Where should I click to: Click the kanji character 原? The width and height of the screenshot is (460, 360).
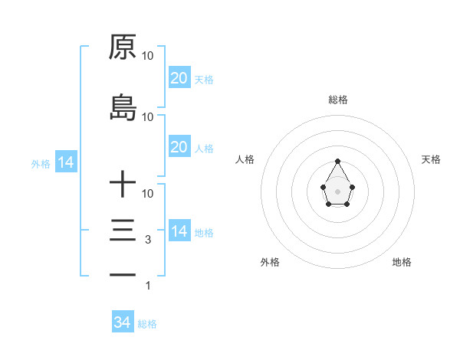(123, 47)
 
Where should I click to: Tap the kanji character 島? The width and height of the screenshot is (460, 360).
(123, 108)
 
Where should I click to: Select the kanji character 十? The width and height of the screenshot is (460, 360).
(123, 185)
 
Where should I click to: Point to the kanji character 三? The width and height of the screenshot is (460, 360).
(123, 231)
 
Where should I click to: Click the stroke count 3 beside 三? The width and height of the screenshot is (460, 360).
(148, 240)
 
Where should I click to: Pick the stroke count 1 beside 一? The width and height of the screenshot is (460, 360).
(148, 286)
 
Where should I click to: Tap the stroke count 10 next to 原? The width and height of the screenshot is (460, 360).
(148, 56)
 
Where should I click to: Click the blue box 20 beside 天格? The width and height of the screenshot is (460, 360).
(179, 78)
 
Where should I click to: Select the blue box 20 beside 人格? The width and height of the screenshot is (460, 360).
(179, 147)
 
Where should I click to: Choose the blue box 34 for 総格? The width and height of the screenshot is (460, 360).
(122, 322)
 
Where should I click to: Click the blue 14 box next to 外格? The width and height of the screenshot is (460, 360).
(65, 162)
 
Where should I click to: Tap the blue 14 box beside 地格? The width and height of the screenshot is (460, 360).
(179, 231)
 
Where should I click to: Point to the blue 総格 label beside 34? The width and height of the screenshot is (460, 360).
(147, 324)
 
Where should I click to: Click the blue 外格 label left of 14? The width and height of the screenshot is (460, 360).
(41, 163)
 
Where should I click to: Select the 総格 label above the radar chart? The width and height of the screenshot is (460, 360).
(337, 100)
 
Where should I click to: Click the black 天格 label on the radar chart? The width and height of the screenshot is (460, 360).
(432, 159)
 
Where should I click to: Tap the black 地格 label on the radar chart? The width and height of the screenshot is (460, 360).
(402, 262)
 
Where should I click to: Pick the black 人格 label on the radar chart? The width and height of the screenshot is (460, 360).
(245, 159)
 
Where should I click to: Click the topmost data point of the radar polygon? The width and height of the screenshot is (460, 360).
(337, 161)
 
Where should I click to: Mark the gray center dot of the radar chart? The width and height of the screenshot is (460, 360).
(337, 190)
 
